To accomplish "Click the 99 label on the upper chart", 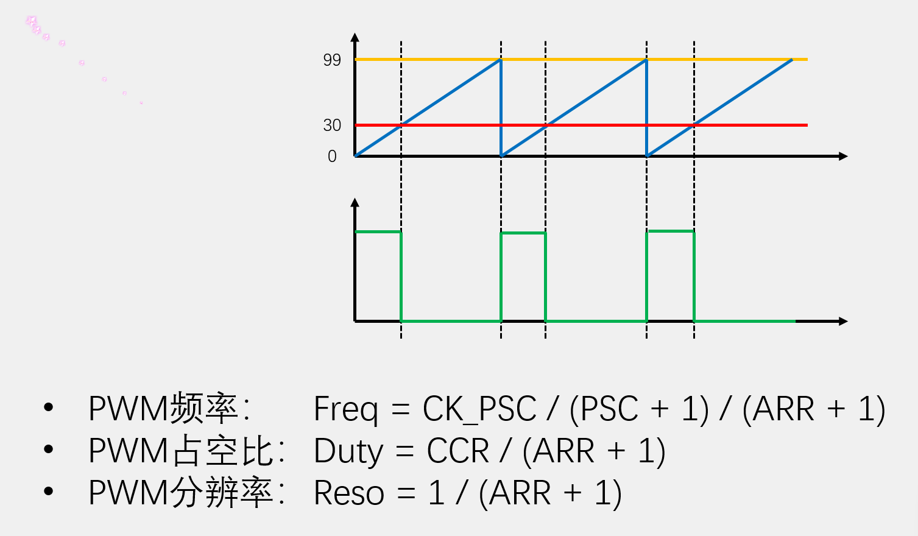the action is tap(332, 60).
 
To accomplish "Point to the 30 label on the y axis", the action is tap(332, 125).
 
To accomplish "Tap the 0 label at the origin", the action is tap(332, 157).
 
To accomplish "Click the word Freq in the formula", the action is tap(345, 409).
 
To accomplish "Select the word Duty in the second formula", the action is tap(348, 451).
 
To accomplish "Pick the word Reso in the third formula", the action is tap(348, 493).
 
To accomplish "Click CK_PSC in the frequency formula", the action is tap(479, 409).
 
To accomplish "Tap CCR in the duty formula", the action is tap(457, 451).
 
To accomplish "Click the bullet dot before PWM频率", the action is tap(49, 407).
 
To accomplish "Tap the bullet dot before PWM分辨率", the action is tap(49, 492).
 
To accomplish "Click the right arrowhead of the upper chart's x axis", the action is tap(844, 157).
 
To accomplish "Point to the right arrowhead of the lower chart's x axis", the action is tap(844, 321).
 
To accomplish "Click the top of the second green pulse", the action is tap(523, 233).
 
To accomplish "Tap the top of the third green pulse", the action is tap(670, 231).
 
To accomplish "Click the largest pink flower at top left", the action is tap(32, 21).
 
